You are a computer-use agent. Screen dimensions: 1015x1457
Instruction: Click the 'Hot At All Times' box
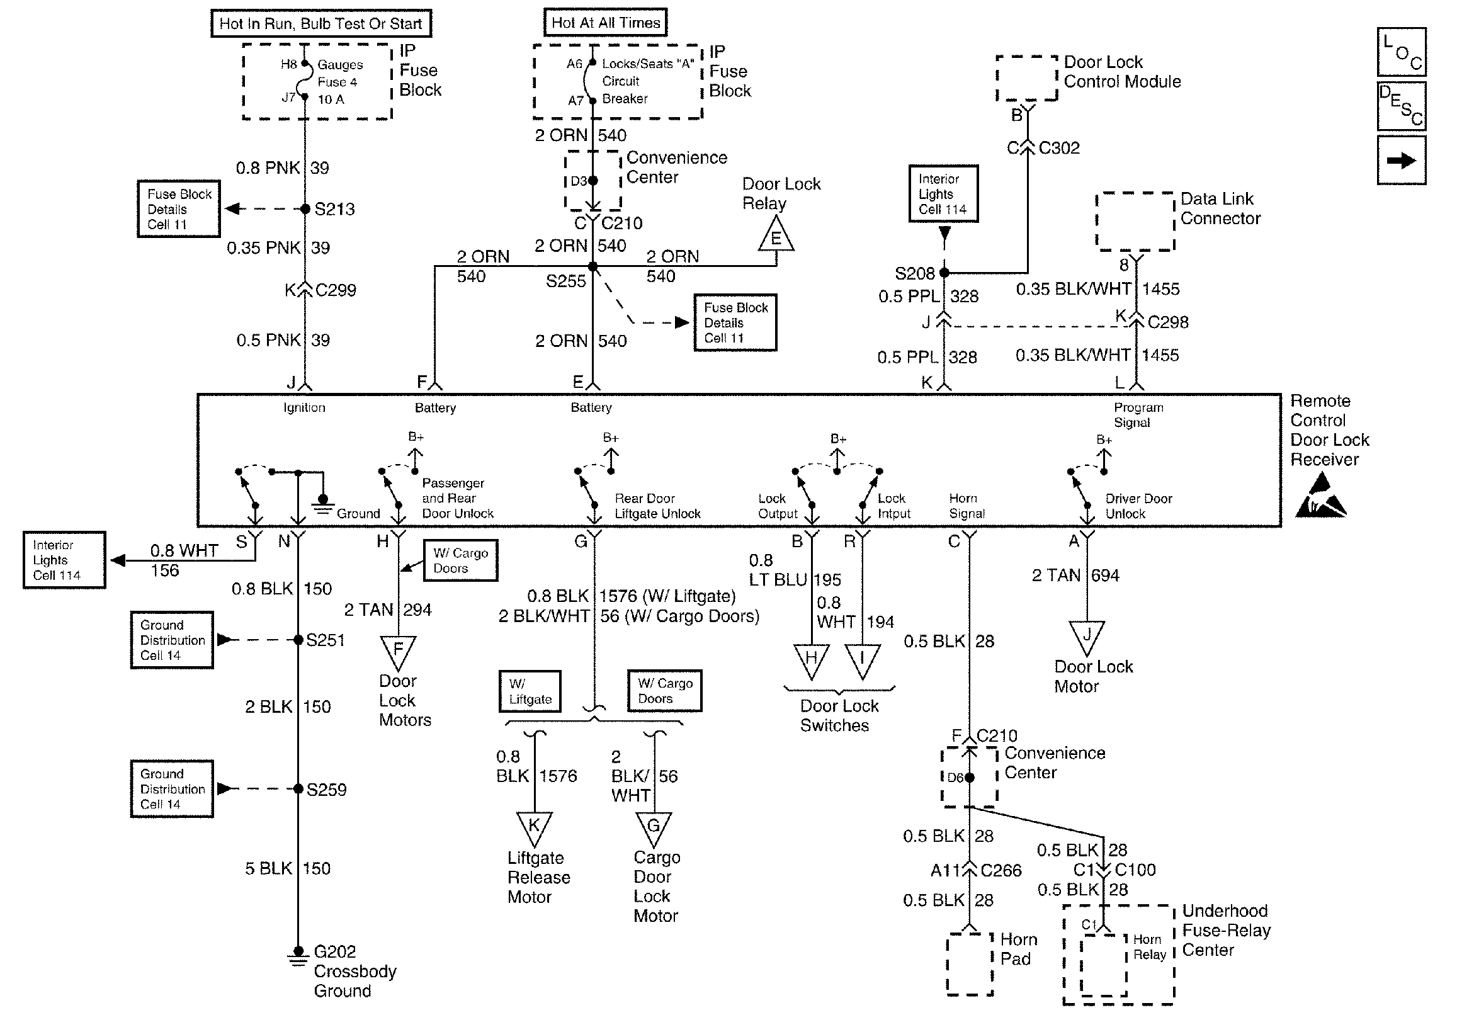point(605,23)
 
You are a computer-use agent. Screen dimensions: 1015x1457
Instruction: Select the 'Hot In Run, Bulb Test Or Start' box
point(321,23)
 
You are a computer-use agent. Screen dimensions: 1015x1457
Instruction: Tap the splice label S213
point(334,210)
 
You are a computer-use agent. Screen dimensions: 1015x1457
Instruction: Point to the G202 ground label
point(334,951)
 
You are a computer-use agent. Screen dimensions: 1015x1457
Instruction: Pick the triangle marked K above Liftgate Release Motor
point(535,827)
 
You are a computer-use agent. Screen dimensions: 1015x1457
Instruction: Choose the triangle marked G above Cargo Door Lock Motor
point(654,827)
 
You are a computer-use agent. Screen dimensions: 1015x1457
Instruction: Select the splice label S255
point(565,281)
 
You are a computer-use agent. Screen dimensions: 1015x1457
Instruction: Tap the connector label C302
point(1058,148)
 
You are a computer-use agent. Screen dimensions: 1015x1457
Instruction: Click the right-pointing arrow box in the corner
point(1401,161)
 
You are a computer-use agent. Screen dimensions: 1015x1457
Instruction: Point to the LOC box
point(1401,52)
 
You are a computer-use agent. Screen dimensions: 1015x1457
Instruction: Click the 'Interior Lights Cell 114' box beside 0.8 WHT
point(64,560)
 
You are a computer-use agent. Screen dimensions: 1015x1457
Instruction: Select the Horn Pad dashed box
point(969,963)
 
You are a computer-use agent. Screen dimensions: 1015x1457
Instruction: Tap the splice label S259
point(326,790)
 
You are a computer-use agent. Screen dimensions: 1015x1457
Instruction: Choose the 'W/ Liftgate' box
point(530,691)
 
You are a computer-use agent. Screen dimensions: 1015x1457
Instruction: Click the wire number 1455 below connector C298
point(1160,356)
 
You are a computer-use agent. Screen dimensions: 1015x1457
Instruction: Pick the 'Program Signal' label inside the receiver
point(1138,415)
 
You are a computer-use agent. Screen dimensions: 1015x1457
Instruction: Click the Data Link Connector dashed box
point(1135,222)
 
